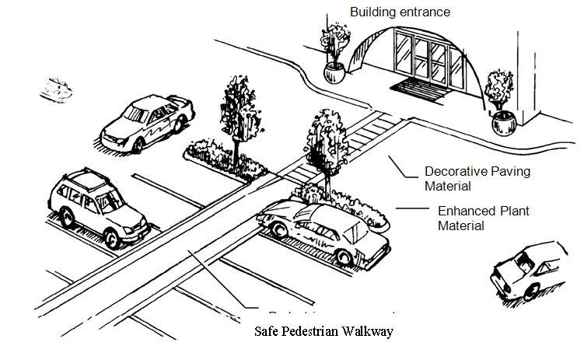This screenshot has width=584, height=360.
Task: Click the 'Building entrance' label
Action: (x=400, y=12)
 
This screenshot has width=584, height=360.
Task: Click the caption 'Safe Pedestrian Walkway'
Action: (x=324, y=332)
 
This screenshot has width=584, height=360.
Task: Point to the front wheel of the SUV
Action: (x=115, y=236)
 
